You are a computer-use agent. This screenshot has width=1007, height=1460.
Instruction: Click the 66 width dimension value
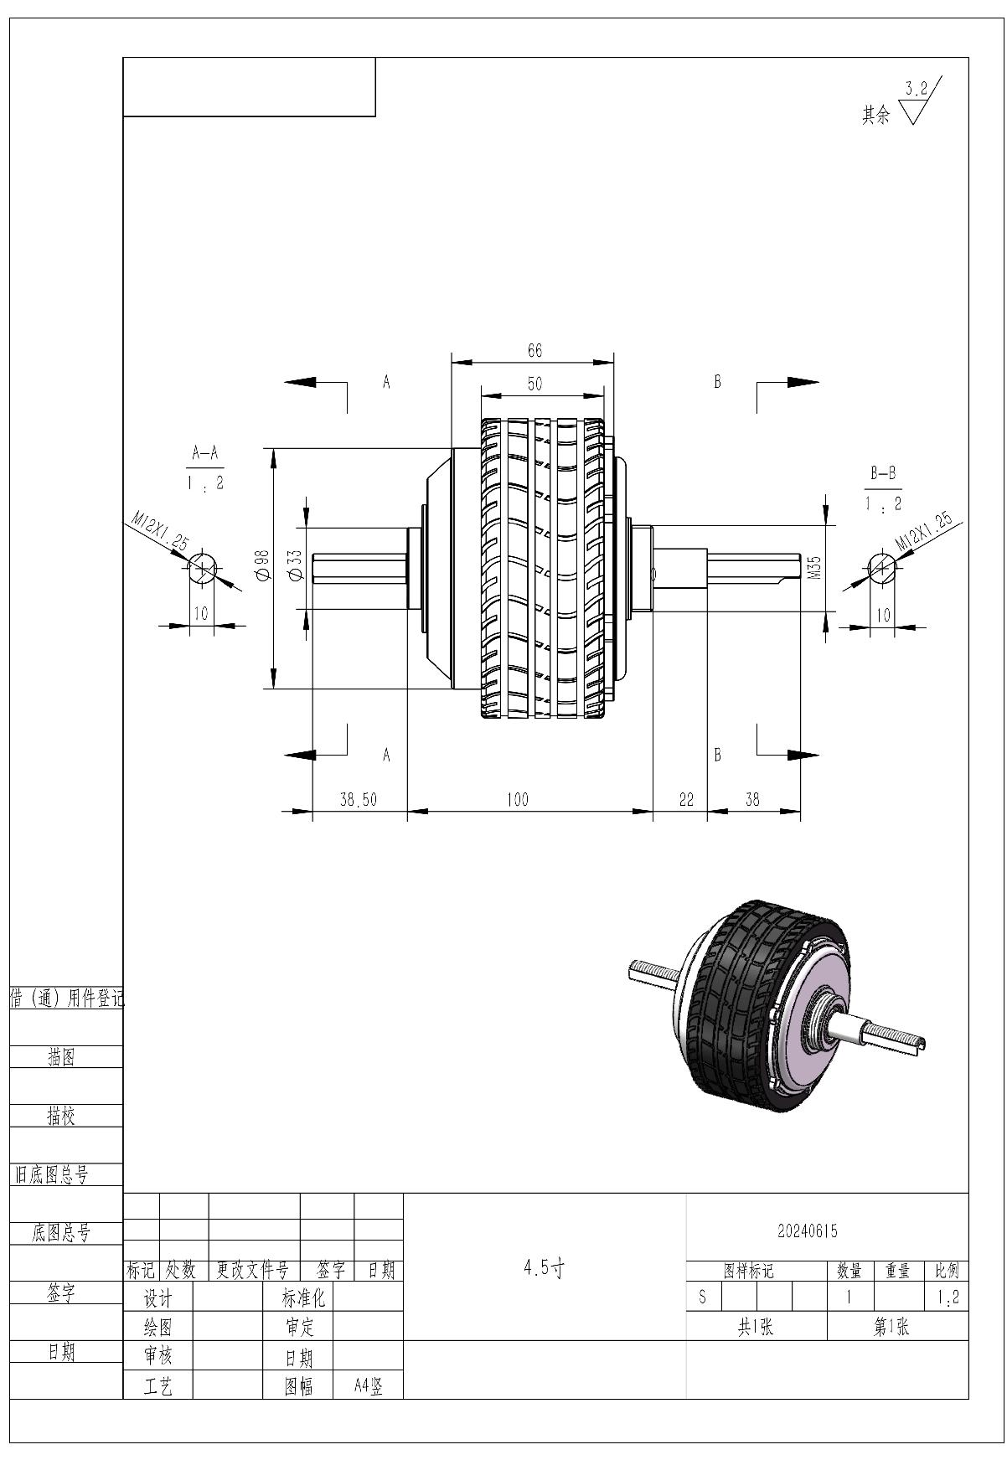click(534, 351)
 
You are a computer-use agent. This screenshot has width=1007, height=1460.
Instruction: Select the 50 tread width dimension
click(534, 384)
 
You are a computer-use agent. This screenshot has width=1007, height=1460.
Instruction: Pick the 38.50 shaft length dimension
click(359, 800)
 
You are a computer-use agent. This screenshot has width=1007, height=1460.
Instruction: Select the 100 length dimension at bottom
click(518, 800)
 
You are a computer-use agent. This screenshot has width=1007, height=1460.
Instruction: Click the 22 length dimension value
click(686, 800)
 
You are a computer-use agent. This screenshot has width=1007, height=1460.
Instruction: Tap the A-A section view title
click(205, 454)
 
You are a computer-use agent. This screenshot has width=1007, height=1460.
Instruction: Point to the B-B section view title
click(883, 474)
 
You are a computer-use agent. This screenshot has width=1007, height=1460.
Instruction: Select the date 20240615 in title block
click(807, 1231)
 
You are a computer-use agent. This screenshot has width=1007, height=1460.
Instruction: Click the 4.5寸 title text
click(544, 1268)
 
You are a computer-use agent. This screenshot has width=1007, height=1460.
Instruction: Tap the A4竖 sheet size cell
click(369, 1386)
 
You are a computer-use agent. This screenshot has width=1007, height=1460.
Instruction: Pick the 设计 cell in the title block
click(158, 1299)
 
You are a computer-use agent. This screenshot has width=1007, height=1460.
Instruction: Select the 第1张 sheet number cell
click(891, 1328)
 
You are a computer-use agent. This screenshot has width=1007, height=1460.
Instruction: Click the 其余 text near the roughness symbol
click(875, 115)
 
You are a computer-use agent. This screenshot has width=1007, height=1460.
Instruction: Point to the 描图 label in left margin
click(61, 1059)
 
